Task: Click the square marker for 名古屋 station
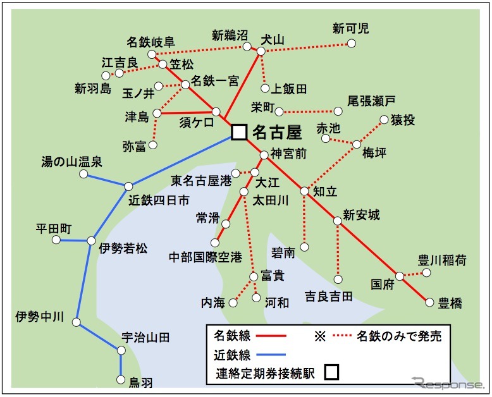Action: (238, 131)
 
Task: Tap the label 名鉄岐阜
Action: (150, 42)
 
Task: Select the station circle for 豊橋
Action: (429, 302)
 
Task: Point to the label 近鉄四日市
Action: (159, 201)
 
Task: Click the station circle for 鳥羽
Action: (121, 380)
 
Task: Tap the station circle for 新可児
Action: (352, 44)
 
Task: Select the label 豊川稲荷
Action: (443, 259)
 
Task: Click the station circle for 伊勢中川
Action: (77, 322)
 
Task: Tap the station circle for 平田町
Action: (56, 240)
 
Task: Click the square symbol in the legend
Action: (331, 372)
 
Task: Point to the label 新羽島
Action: (93, 88)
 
